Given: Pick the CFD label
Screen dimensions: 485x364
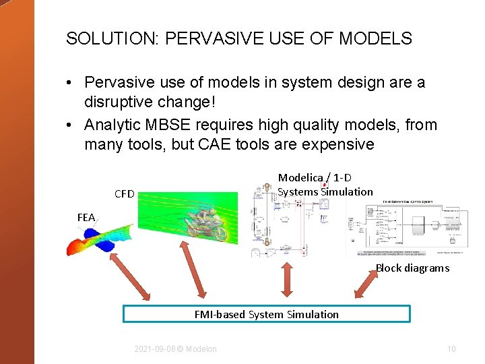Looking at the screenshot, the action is click(x=125, y=194).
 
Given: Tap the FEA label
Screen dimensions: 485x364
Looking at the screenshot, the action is click(x=86, y=217).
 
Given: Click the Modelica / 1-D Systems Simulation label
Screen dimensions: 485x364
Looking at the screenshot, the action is click(x=325, y=185).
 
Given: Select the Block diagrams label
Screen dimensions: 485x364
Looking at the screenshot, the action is click(x=412, y=268).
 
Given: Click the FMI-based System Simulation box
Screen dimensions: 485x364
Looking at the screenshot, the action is click(x=266, y=314).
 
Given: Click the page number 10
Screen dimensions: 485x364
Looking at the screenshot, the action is click(x=451, y=349).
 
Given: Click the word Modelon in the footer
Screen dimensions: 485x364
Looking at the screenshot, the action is click(x=201, y=349).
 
